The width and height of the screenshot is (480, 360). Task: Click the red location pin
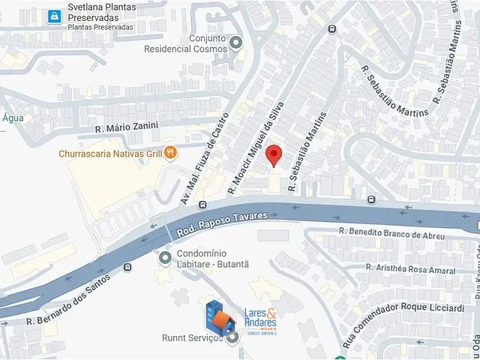(274, 154)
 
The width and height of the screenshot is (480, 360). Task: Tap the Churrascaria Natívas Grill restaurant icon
(171, 153)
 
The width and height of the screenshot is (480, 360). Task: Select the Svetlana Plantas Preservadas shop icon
(54, 15)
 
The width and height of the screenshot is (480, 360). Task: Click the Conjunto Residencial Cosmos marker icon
(237, 43)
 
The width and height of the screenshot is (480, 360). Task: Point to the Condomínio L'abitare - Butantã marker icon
(166, 258)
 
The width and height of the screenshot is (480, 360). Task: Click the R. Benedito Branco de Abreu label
(387, 233)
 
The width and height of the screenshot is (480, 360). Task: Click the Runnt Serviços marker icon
(233, 338)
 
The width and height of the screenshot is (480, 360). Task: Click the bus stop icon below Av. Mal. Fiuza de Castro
(202, 205)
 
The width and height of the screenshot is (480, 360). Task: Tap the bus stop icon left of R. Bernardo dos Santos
(128, 266)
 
